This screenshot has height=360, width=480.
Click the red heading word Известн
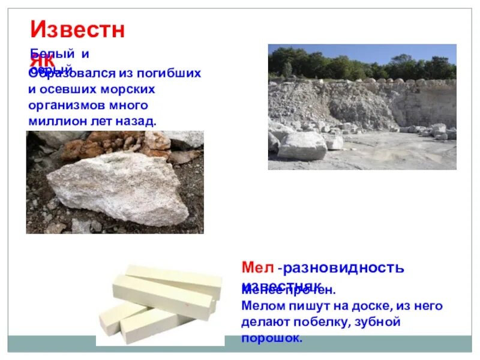point(77,29)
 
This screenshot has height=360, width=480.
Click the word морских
point(128,89)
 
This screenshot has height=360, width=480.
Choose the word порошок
point(272,338)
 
